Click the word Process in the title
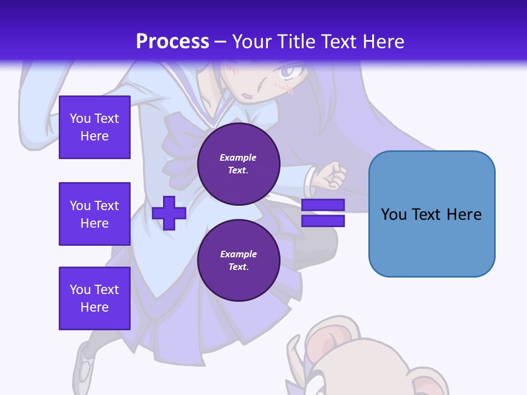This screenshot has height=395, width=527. [172, 41]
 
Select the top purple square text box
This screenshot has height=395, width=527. [94, 127]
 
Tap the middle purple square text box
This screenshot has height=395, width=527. [94, 214]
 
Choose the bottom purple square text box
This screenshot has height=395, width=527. [94, 298]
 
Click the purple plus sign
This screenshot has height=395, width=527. [169, 213]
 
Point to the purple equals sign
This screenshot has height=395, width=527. [323, 213]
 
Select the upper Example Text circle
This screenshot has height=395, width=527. [238, 164]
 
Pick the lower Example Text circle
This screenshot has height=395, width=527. [238, 261]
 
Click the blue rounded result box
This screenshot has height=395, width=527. [431, 214]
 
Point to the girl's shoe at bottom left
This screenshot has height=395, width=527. [86, 365]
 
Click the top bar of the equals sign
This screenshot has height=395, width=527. [323, 205]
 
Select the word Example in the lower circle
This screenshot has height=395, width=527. [238, 254]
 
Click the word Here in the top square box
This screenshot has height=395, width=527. [94, 136]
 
